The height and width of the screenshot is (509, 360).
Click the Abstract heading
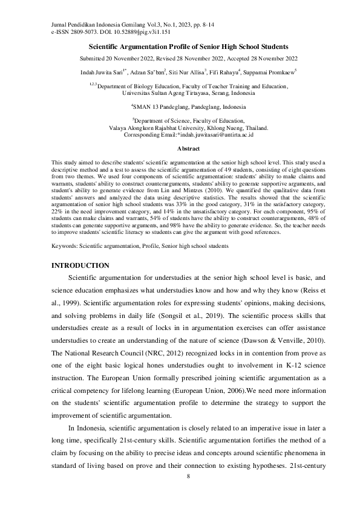188,148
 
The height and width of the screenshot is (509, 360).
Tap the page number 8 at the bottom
188,477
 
